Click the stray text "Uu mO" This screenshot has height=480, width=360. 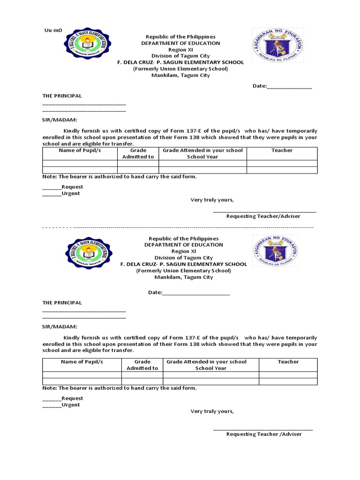[x=53, y=30]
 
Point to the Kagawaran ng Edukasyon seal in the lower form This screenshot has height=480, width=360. [x=276, y=251]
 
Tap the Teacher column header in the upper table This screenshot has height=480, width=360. [x=282, y=150]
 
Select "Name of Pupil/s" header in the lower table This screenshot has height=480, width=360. [x=82, y=362]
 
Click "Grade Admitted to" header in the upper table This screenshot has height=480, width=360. [x=138, y=154]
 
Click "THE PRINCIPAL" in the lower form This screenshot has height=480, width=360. [x=62, y=303]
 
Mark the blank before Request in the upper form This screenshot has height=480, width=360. [x=52, y=188]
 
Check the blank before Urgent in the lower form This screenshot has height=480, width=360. [x=52, y=406]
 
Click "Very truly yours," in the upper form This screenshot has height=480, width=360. [x=212, y=200]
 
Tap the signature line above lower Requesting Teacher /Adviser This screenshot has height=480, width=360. [x=262, y=429]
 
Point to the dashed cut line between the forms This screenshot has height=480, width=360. [x=178, y=227]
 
